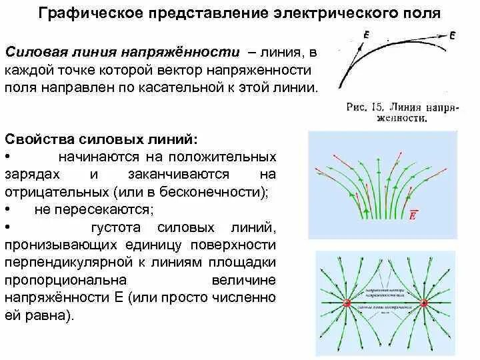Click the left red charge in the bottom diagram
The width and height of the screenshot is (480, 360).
coord(347,305)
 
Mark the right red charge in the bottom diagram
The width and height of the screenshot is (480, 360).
coord(425,304)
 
